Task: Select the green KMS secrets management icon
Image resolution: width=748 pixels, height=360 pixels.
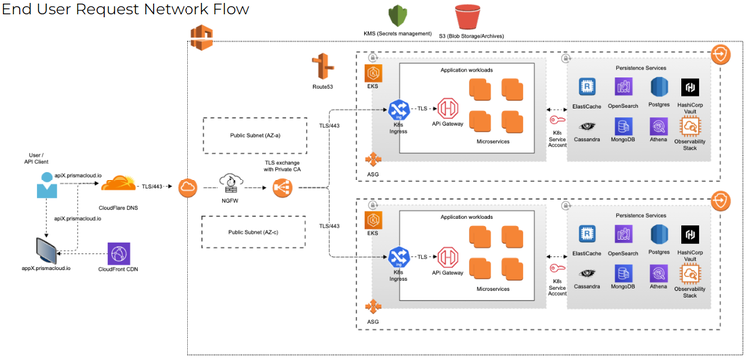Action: click(x=399, y=17)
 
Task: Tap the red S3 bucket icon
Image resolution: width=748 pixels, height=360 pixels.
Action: click(x=466, y=17)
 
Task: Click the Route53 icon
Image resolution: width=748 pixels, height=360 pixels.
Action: click(x=322, y=67)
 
